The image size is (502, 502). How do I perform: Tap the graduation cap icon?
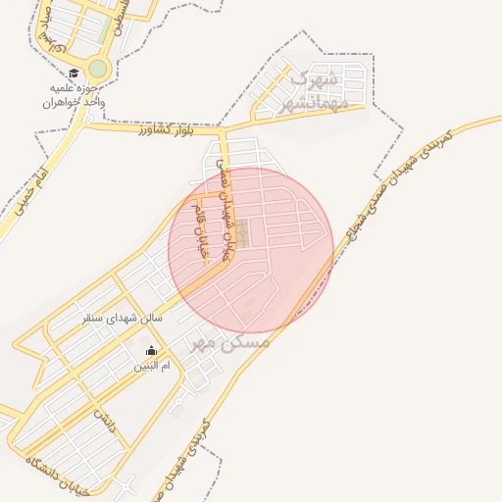[75, 74]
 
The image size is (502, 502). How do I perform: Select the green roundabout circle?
[98, 69]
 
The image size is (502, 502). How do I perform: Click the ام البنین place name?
[152, 365]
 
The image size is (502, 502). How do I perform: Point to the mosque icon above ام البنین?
[151, 350]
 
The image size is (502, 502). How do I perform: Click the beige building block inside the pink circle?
[242, 233]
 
